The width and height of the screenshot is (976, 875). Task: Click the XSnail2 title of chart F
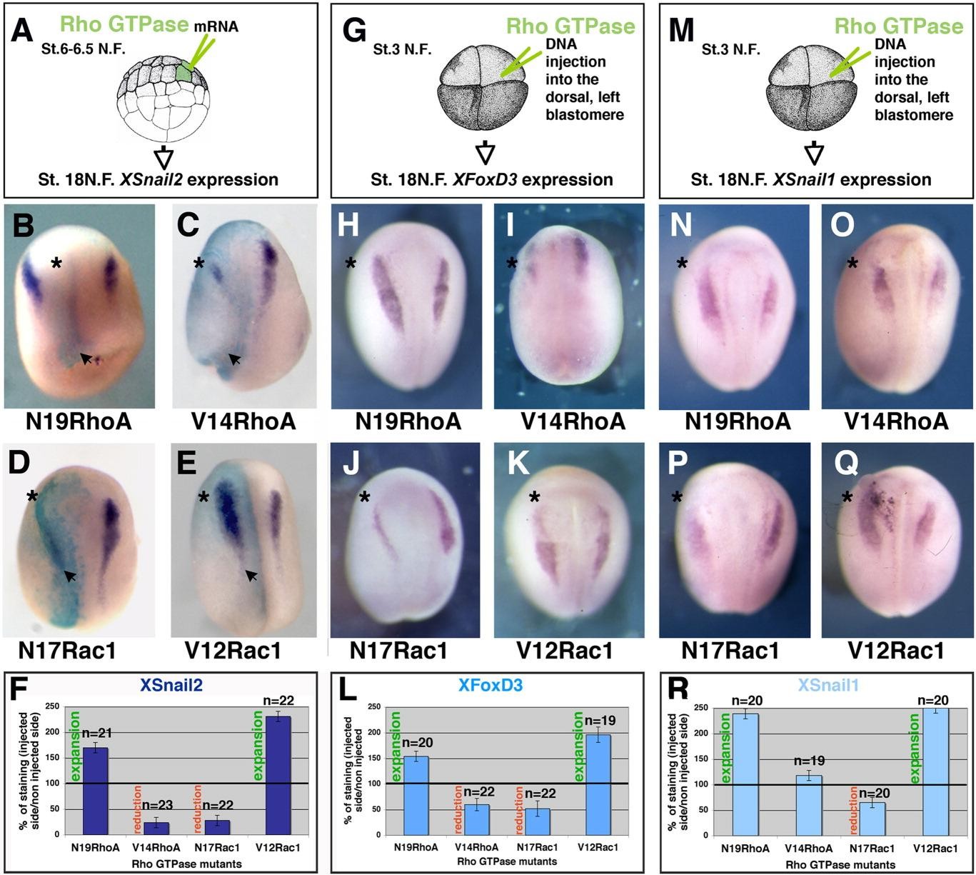(x=171, y=686)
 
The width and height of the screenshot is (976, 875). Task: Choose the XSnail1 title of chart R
(x=828, y=686)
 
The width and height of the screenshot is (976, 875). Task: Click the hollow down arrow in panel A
(x=165, y=155)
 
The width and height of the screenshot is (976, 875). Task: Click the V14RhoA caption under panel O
(x=896, y=421)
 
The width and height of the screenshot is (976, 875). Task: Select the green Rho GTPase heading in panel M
(x=898, y=26)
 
